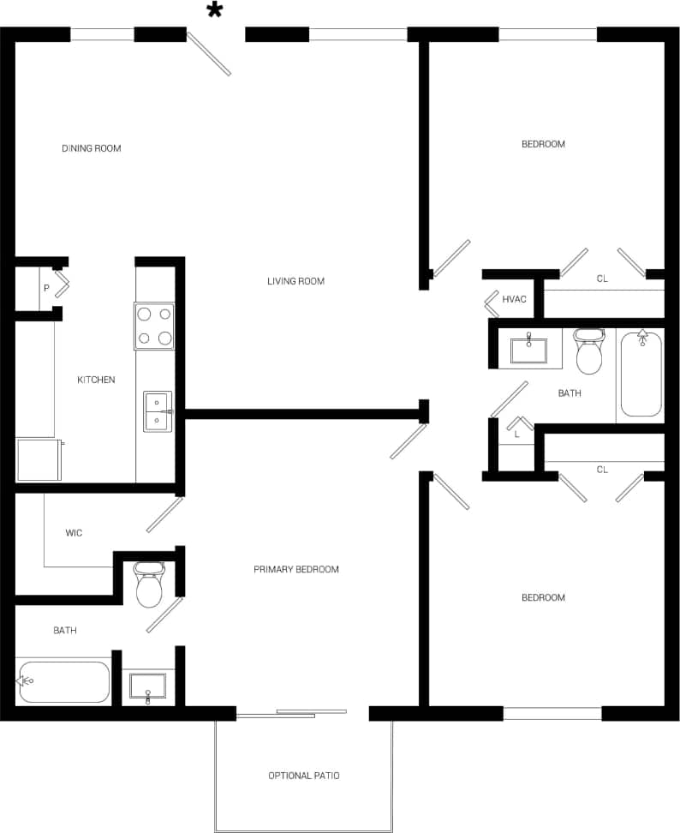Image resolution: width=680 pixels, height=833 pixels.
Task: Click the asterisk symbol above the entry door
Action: point(214,10)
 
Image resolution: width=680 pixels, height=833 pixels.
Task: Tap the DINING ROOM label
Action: point(91,148)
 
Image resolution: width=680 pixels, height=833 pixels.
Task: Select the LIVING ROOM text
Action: point(295,281)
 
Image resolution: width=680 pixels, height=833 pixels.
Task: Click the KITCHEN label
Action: point(96,380)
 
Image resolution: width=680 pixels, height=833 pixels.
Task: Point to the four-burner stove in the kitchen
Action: point(154,327)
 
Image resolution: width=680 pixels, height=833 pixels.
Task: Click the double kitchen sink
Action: point(157,411)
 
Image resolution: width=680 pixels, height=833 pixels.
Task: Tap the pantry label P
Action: point(46,288)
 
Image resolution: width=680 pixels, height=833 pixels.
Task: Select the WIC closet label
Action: point(74,533)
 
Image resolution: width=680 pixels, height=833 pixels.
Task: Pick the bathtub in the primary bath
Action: point(63,681)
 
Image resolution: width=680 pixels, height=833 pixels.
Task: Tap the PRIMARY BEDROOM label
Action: point(295,569)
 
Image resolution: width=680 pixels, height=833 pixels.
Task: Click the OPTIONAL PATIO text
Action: point(303,776)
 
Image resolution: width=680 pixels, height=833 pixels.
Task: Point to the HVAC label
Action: point(514,299)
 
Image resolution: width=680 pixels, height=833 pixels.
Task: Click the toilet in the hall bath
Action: point(589,351)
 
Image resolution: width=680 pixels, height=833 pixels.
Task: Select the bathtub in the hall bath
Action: point(641,374)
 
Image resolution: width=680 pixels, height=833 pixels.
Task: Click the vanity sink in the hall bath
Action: point(529,351)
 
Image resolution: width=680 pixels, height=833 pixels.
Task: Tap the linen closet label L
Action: point(516,434)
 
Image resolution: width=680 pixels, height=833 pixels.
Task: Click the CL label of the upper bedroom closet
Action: point(602,279)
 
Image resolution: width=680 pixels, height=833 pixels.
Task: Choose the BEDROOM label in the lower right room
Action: point(543,597)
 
